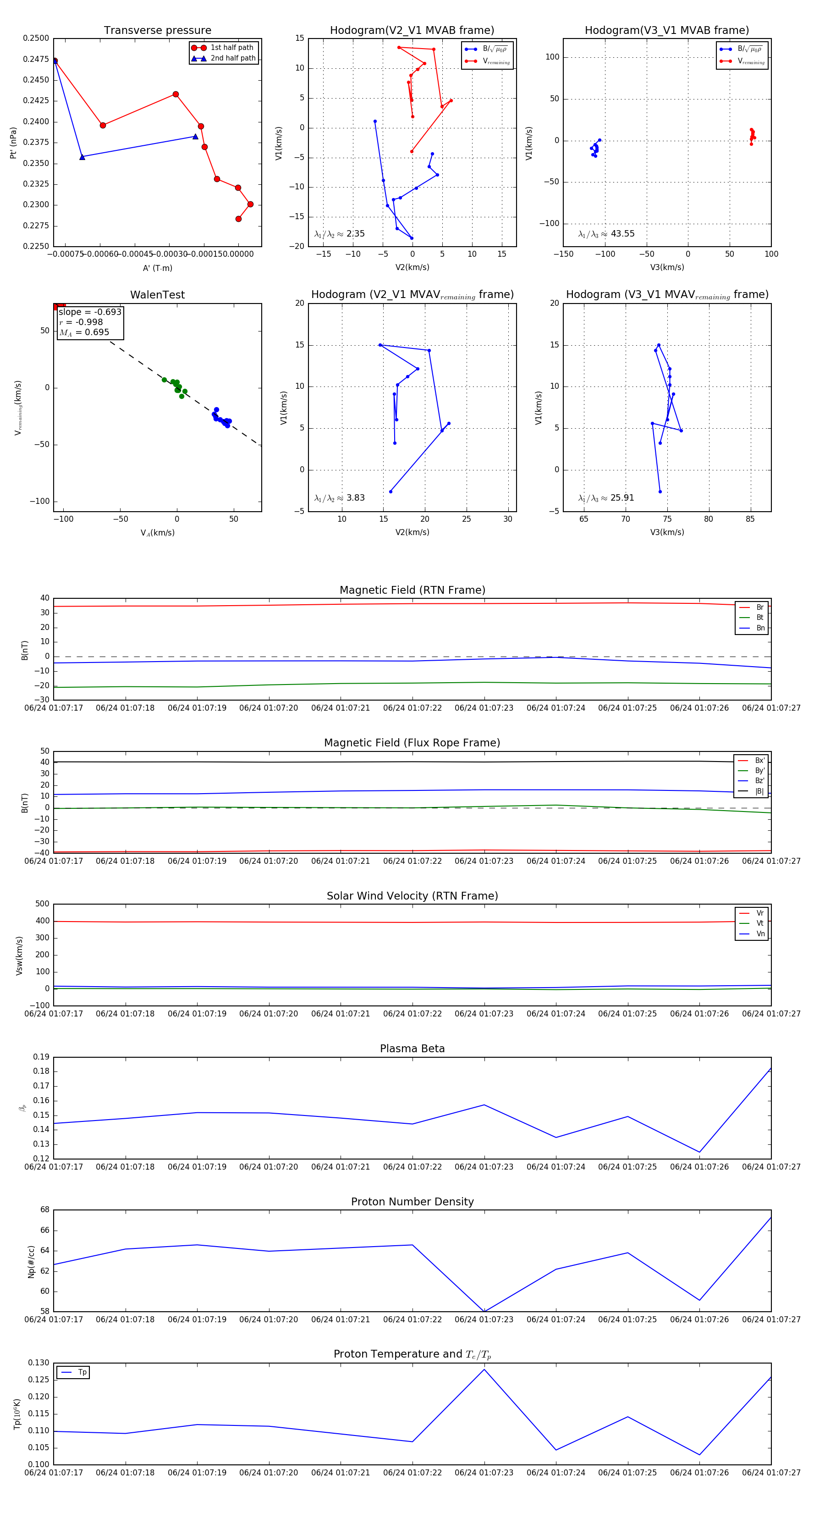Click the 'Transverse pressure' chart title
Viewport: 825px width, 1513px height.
(x=157, y=31)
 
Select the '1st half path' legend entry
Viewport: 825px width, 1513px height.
(x=232, y=48)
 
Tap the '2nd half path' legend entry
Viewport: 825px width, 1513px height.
(x=232, y=58)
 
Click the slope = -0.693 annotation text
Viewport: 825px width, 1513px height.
(x=90, y=312)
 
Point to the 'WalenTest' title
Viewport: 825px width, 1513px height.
(x=157, y=295)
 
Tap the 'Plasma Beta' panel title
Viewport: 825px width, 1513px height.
(x=412, y=1049)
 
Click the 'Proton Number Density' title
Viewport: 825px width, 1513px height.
(x=412, y=1202)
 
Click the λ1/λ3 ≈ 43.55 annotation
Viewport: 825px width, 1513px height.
(x=606, y=234)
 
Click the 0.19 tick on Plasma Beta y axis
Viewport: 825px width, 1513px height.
(x=41, y=1057)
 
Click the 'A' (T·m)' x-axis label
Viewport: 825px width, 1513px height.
(x=157, y=268)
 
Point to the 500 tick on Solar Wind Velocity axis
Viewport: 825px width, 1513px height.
(x=42, y=904)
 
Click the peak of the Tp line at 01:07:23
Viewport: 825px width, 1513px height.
(x=484, y=1369)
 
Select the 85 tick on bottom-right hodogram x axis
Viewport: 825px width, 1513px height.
(x=750, y=519)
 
